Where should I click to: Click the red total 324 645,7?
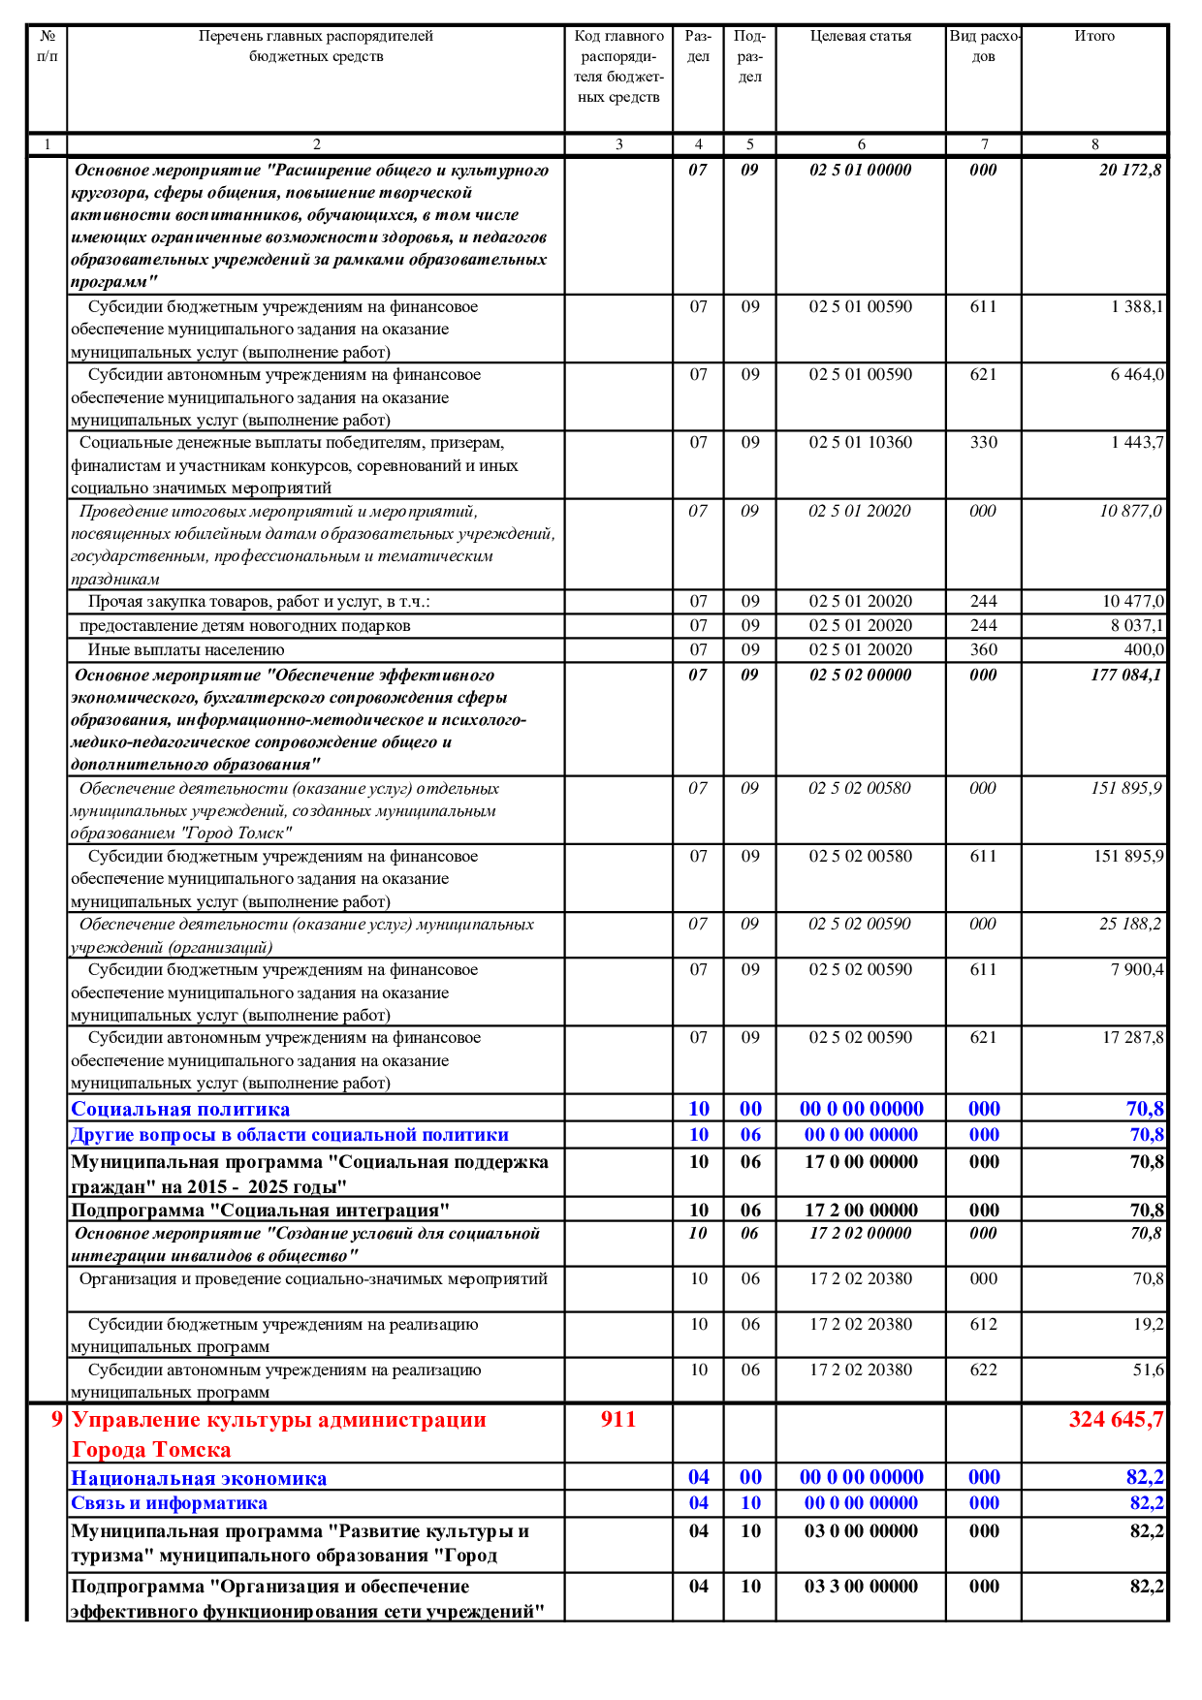[1115, 1420]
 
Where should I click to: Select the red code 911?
[617, 1420]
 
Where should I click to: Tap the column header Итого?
[1094, 37]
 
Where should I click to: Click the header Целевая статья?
[861, 37]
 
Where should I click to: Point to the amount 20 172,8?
[1129, 171]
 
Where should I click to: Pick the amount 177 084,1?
[1125, 676]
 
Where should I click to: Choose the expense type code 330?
[983, 443]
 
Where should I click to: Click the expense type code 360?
[983, 650]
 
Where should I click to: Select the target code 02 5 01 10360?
[861, 443]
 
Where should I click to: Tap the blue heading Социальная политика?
[180, 1110]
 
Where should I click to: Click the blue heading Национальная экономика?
[199, 1479]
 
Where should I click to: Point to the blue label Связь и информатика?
[169, 1504]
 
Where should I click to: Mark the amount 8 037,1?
[1137, 626]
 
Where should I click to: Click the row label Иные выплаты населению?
[186, 650]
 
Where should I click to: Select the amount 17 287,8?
[1132, 1038]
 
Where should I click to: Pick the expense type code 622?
[983, 1370]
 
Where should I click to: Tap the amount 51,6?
[1148, 1370]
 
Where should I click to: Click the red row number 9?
[56, 1420]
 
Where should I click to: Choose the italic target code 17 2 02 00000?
[861, 1234]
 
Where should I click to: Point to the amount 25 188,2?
[1129, 925]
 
